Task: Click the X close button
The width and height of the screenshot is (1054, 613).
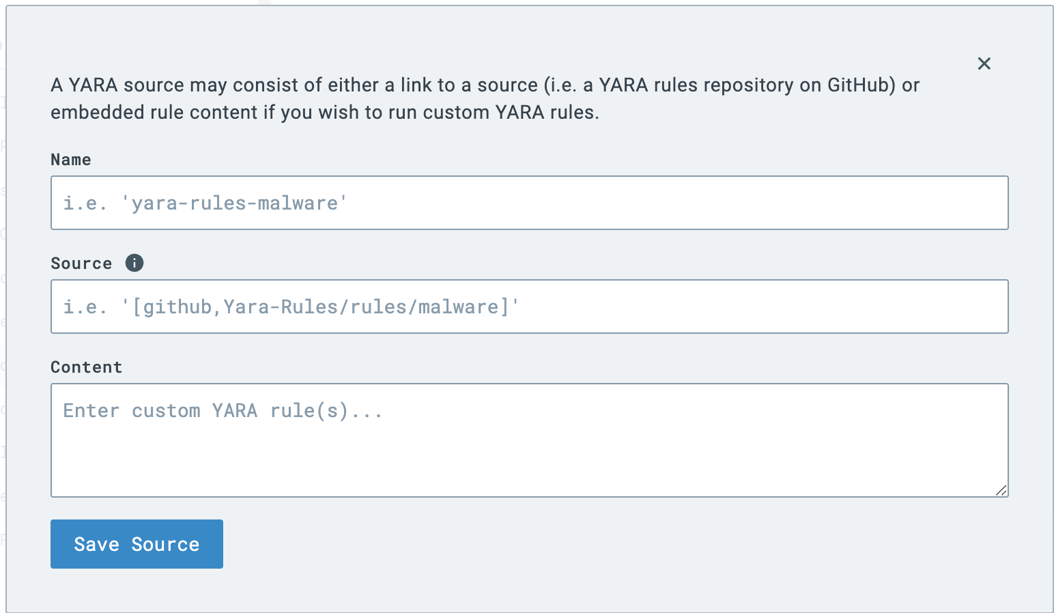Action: pos(984,63)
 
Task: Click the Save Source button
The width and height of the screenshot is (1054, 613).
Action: pos(137,544)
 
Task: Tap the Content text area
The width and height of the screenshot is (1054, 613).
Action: pos(529,451)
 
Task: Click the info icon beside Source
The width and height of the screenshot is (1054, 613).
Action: pos(134,263)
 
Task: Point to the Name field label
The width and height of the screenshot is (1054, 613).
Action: pos(71,160)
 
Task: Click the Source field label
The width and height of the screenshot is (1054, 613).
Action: pos(81,263)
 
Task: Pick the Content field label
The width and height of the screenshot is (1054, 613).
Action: pos(87,367)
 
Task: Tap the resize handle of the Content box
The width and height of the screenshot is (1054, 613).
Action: pos(1001,490)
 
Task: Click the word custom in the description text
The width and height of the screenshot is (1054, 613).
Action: pos(456,113)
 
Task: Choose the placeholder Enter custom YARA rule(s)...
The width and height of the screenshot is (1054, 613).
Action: pos(223,411)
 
